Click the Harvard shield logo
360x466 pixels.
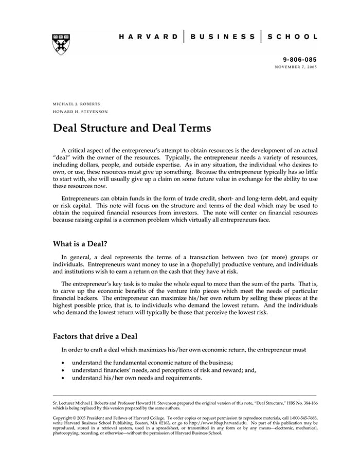[x=61, y=44]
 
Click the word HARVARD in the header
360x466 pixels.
[x=149, y=37]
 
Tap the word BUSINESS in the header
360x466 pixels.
[x=223, y=37]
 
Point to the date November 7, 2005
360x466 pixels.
[x=296, y=67]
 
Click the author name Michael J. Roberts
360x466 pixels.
[x=76, y=104]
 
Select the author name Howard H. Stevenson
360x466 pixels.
[x=80, y=112]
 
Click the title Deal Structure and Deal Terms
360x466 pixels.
[x=132, y=128]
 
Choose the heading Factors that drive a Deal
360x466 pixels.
[x=95, y=336]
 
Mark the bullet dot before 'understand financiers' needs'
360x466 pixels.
[x=62, y=370]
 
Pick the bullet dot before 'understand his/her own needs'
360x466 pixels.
[x=62, y=378]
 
